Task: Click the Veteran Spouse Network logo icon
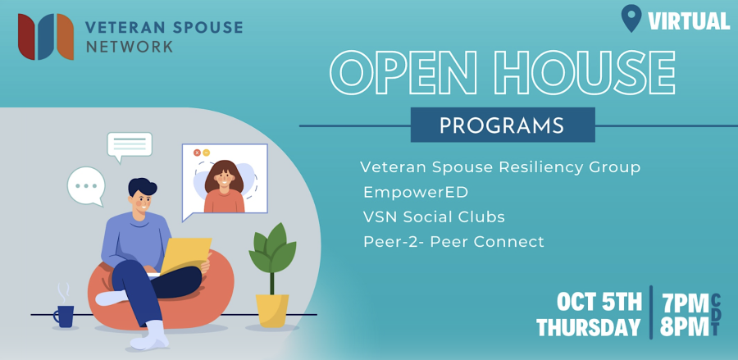(46, 37)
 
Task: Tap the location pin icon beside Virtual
(631, 18)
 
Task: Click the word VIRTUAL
(689, 21)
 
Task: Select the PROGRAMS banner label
(502, 125)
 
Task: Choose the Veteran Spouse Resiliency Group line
(500, 167)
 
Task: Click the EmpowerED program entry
(416, 192)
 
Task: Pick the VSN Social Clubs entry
(434, 217)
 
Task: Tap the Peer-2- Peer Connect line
(453, 242)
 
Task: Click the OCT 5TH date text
(599, 302)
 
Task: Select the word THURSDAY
(589, 327)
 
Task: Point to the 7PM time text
(685, 303)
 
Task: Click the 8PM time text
(685, 327)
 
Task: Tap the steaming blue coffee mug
(65, 311)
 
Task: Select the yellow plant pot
(272, 311)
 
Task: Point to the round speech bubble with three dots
(86, 186)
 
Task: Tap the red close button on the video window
(197, 153)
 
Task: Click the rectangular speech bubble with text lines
(130, 146)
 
